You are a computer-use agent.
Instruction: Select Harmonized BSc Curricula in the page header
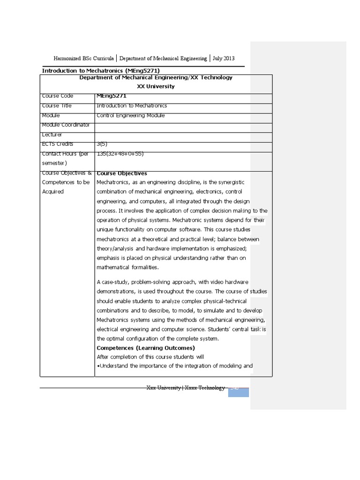(83, 59)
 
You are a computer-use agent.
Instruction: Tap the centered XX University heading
(156, 86)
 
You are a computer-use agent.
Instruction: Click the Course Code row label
(57, 96)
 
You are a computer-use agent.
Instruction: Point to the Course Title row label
(57, 106)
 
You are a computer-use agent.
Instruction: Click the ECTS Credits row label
(58, 144)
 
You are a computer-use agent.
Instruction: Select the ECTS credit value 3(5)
(103, 144)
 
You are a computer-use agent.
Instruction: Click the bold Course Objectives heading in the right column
(121, 173)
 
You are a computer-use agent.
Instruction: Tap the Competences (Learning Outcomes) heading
(145, 348)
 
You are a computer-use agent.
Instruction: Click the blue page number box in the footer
(238, 392)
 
